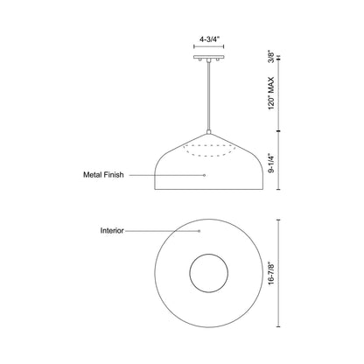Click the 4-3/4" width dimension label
(x=209, y=39)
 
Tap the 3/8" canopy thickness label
(x=271, y=57)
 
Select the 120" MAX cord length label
(x=271, y=94)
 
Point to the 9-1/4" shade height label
(x=271, y=163)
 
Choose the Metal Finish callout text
(x=103, y=175)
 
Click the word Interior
(x=112, y=230)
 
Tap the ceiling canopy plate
(x=209, y=57)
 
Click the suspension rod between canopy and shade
(x=209, y=96)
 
